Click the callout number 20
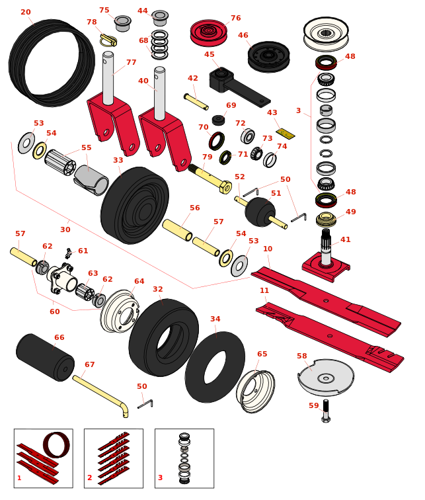tap(26, 13)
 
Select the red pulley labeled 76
tap(208, 32)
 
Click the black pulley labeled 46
tap(268, 56)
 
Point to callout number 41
tap(346, 240)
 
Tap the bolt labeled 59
tap(325, 411)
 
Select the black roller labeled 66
tap(45, 357)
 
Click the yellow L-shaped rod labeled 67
tap(100, 394)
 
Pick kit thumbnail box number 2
tap(113, 458)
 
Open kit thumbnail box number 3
tap(184, 458)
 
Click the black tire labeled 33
tap(135, 205)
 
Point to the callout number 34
tap(215, 319)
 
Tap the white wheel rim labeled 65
tap(255, 391)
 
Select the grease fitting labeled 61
tap(68, 253)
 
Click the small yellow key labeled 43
tap(285, 134)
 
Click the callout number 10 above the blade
tap(268, 249)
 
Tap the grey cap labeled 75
tap(122, 23)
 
